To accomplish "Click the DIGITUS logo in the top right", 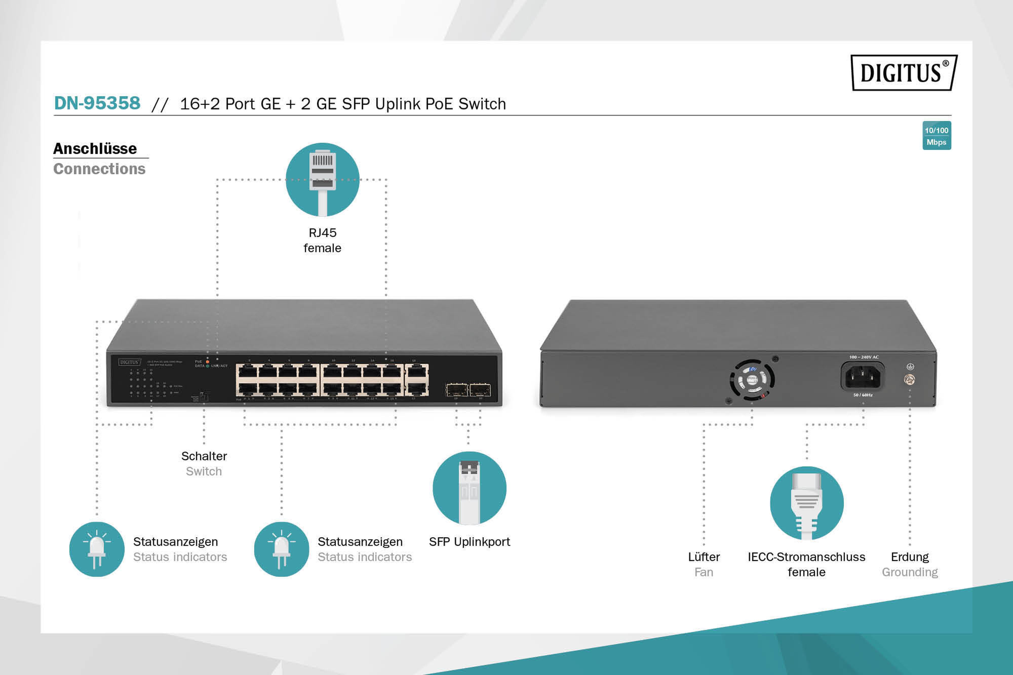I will tap(904, 72).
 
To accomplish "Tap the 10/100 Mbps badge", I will tap(936, 136).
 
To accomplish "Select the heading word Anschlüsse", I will tap(95, 149).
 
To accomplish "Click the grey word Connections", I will tap(100, 169).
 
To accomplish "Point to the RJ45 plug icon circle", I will tap(322, 180).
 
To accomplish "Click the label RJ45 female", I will tap(322, 240).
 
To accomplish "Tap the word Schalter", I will tap(204, 456).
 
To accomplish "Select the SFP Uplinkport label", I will tap(469, 542).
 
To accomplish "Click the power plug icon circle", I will tap(806, 503).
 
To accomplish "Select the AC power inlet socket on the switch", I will tap(863, 376).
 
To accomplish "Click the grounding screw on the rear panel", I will tap(910, 380).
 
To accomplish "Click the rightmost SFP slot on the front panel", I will tap(480, 390).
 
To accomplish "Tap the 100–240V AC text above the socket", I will tap(864, 357).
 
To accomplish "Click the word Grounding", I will tap(910, 572).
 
